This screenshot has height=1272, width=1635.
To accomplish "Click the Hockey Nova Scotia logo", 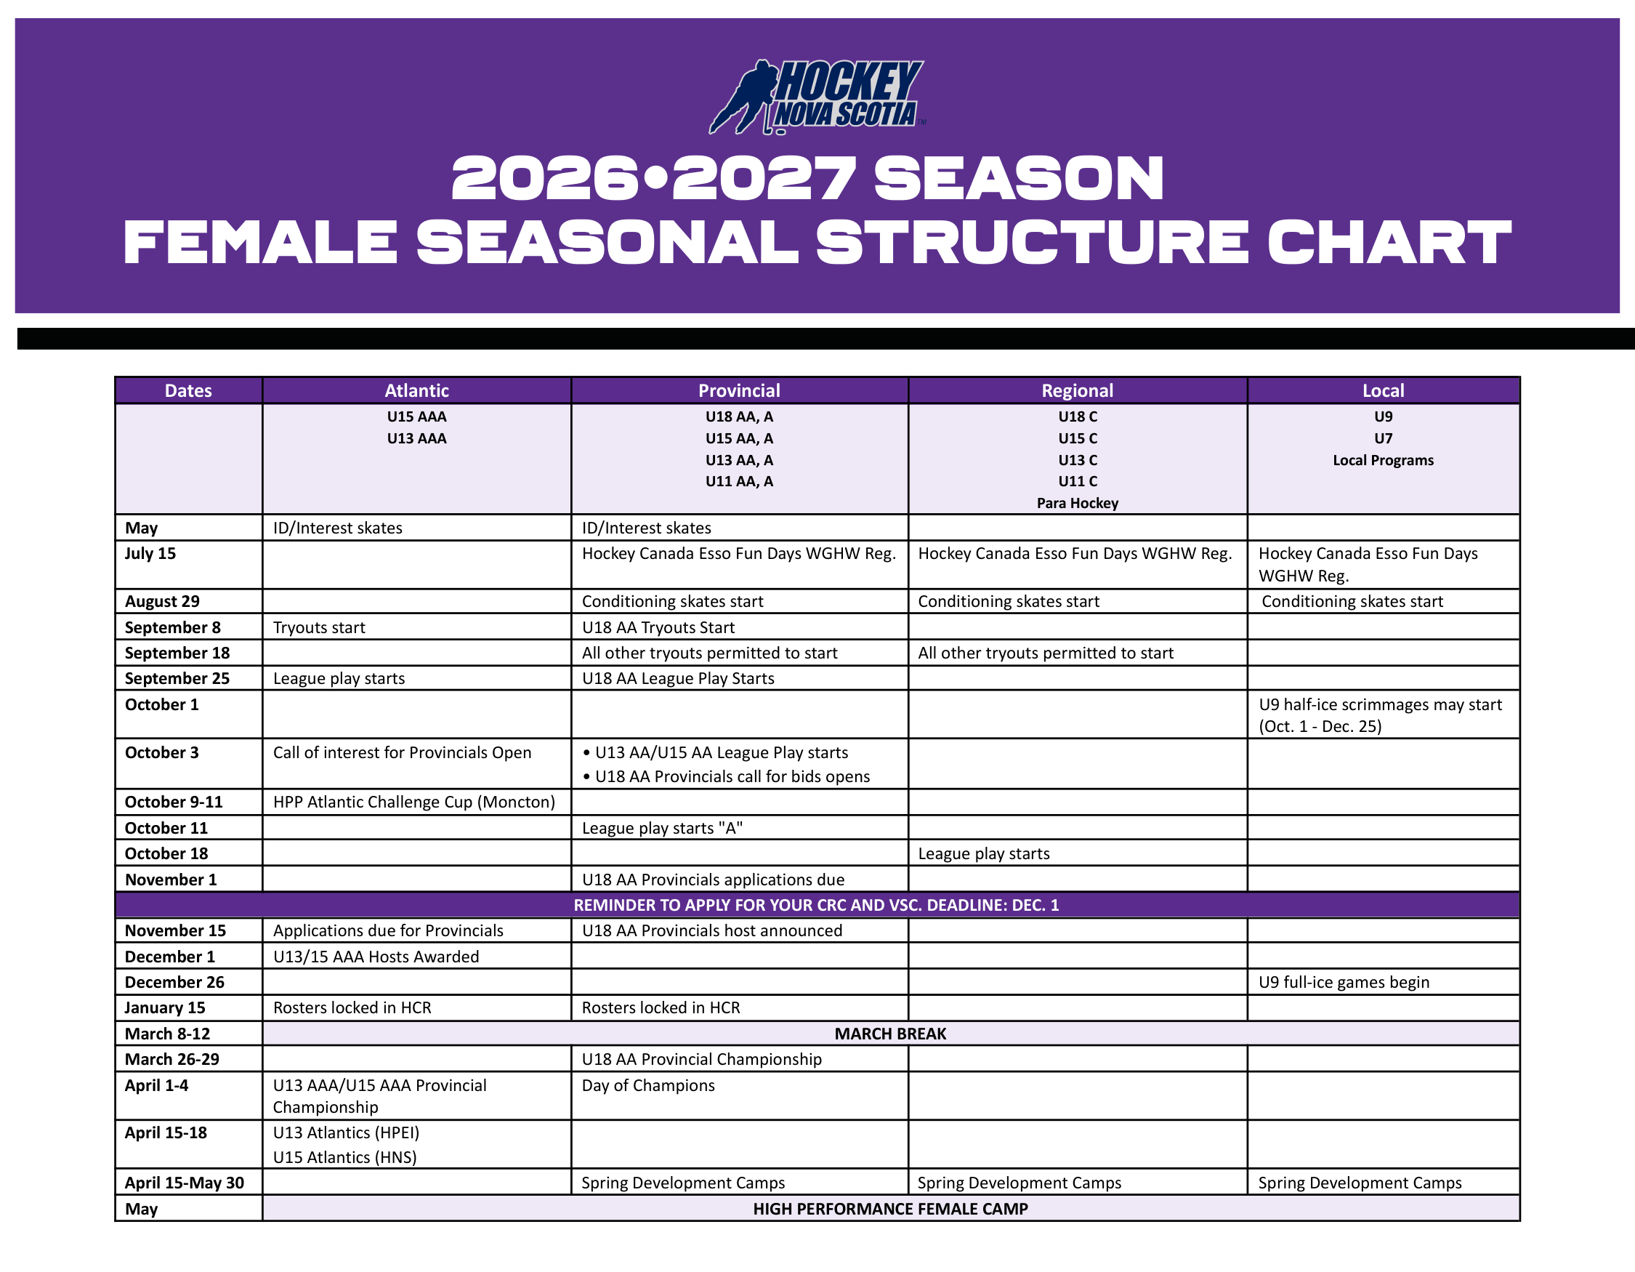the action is click(817, 97).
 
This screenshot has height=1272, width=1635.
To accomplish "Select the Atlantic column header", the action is click(416, 390).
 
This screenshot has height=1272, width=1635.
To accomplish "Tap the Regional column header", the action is click(1077, 390).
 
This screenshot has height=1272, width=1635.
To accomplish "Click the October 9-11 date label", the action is click(174, 802).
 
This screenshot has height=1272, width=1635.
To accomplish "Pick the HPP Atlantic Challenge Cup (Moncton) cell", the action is click(414, 802).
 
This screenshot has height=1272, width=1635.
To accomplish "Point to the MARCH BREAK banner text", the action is click(890, 1033).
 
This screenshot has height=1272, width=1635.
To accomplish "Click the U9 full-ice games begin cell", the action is click(1344, 982).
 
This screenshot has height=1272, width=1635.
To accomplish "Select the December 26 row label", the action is click(174, 982).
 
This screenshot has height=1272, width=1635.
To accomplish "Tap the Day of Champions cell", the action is click(648, 1086).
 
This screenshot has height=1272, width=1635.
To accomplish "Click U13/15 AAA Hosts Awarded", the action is click(376, 957).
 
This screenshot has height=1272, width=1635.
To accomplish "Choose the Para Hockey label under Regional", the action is click(1077, 503).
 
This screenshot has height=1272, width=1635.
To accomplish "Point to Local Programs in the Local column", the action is click(1383, 459).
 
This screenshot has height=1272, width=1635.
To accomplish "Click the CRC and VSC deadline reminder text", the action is click(816, 905).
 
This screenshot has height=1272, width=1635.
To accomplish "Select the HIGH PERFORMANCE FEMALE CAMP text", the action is click(890, 1209).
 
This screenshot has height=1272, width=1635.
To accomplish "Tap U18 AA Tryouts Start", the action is click(658, 627).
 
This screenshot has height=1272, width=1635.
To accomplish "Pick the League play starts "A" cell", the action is click(662, 828).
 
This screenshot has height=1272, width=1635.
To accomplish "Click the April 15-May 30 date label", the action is click(184, 1183).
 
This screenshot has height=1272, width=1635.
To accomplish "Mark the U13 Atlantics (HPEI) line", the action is click(346, 1132).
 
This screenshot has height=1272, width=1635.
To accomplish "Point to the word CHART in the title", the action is click(1389, 243).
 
